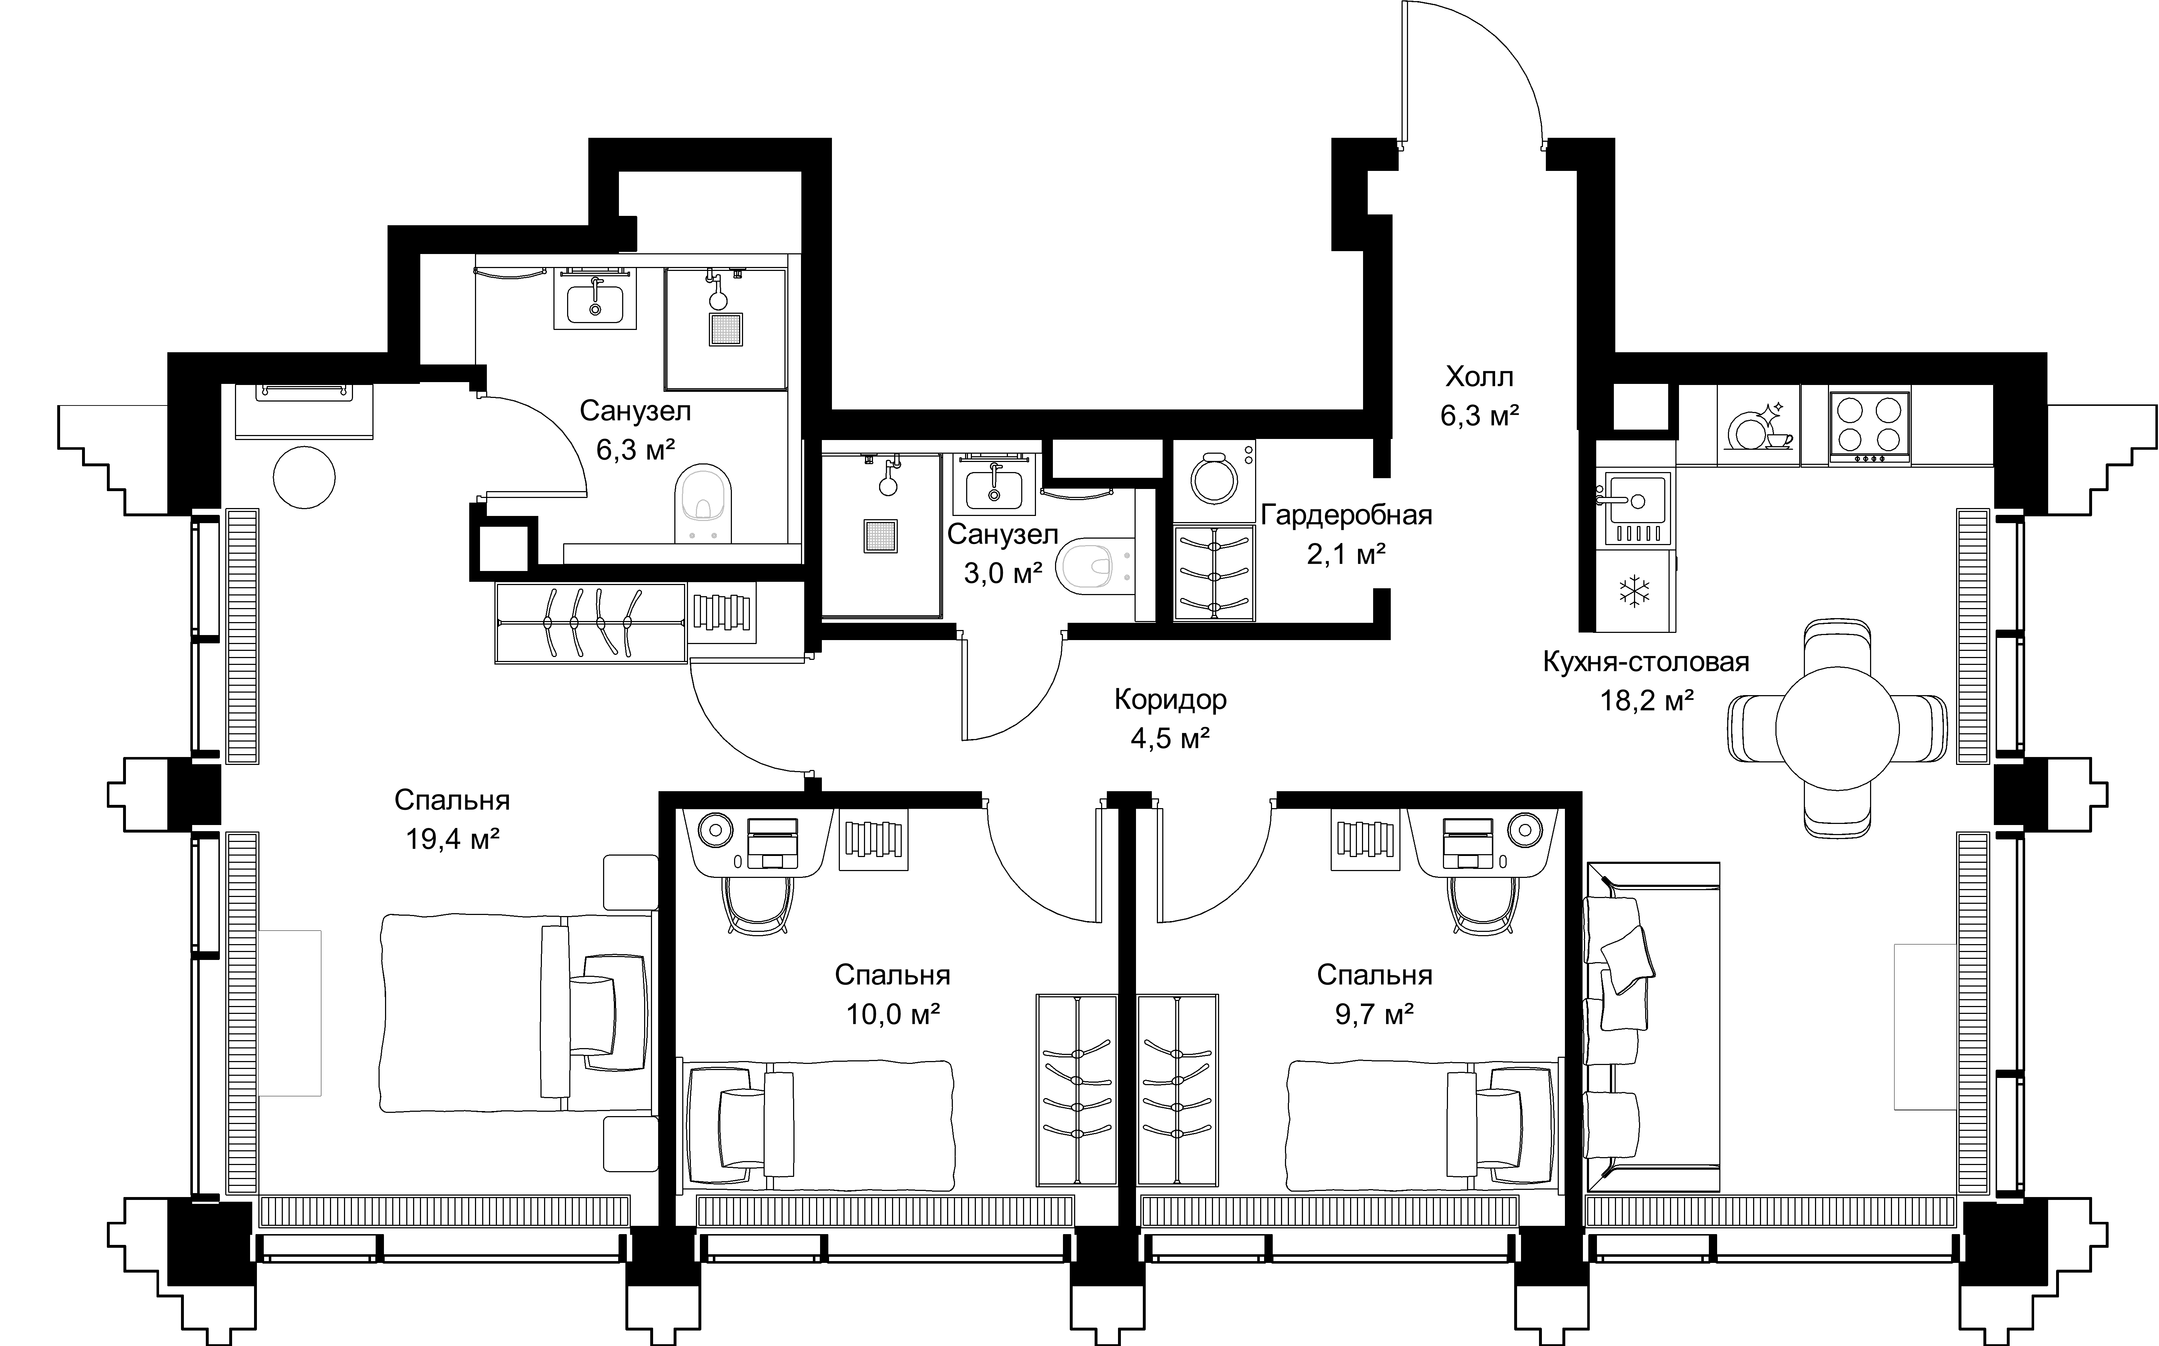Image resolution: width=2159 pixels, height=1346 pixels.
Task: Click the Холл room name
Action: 1479,377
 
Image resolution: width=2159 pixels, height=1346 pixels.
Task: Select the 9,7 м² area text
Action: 1375,1014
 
